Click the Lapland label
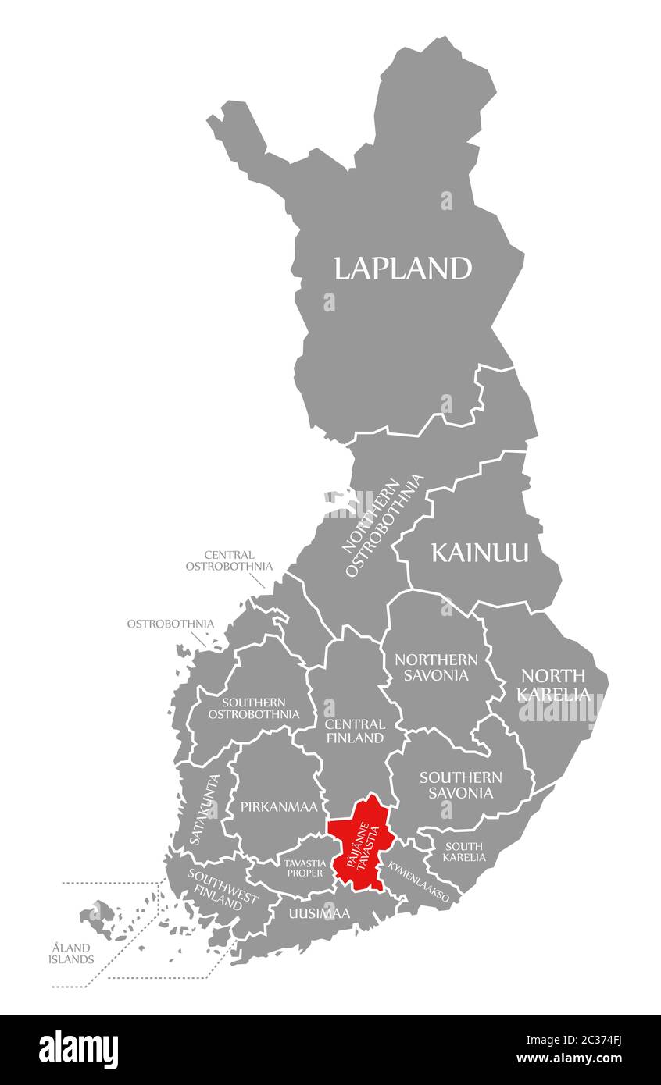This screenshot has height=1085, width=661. (x=402, y=269)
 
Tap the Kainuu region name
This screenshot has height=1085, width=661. (x=480, y=553)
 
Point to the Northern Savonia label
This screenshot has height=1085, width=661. (x=436, y=667)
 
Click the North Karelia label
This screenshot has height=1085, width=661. (x=553, y=684)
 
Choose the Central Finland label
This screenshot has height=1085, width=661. (x=354, y=731)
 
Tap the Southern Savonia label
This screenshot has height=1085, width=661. (x=460, y=784)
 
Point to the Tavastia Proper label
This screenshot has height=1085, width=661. (x=304, y=868)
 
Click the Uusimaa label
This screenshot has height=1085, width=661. (x=319, y=912)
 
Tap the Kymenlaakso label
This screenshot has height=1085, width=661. (x=419, y=882)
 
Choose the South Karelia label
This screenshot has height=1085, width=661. (x=464, y=852)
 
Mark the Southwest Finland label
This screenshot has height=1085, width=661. (x=222, y=888)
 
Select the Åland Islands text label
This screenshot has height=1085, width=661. (x=72, y=953)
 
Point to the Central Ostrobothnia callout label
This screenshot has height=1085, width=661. (x=229, y=560)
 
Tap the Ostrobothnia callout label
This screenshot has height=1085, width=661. (x=170, y=624)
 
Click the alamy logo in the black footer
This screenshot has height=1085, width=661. (x=78, y=1050)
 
